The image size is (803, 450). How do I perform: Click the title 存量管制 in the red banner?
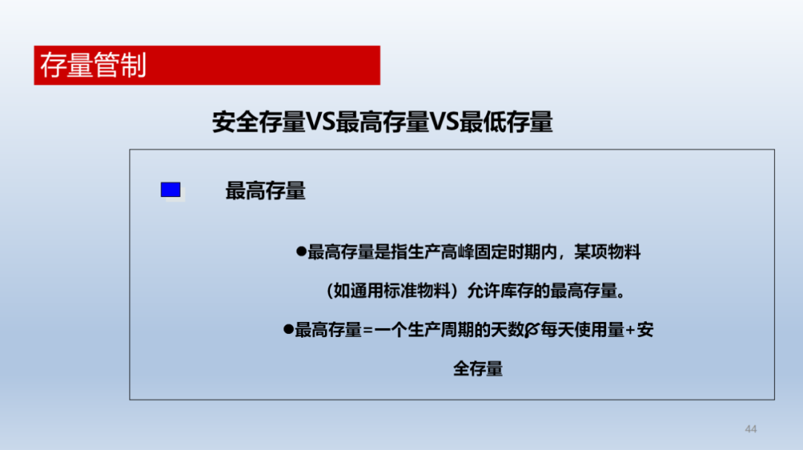click(93, 65)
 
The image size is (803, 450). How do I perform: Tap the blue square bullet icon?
click(170, 190)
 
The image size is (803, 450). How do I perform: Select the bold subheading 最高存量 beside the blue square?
click(265, 190)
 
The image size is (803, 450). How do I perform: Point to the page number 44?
click(751, 429)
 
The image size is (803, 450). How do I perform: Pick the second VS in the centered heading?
click(444, 122)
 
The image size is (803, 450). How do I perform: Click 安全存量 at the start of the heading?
click(259, 122)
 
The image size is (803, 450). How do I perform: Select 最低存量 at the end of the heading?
click(506, 122)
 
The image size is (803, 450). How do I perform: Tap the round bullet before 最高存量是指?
click(301, 251)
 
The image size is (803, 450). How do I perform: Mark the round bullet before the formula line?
click(288, 329)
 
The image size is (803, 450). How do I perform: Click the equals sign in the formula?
click(368, 330)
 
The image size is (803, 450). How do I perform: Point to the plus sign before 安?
click(631, 330)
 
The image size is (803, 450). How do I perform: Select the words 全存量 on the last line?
click(478, 369)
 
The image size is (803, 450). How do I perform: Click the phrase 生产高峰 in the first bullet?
click(440, 252)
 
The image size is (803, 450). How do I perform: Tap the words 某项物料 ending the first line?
click(607, 252)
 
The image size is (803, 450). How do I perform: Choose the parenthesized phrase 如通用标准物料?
click(392, 291)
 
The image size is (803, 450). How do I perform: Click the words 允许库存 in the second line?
click(500, 291)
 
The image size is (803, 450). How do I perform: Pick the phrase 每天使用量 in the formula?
click(582, 330)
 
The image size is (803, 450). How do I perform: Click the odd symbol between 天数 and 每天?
click(532, 330)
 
